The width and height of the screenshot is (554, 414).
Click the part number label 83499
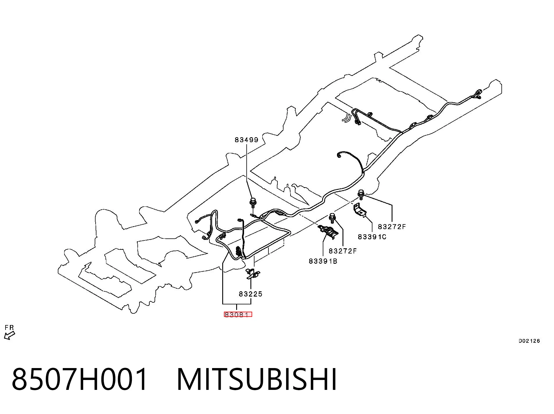click(x=246, y=140)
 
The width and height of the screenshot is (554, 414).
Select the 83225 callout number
click(x=250, y=294)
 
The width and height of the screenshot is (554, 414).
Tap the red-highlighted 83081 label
click(x=238, y=314)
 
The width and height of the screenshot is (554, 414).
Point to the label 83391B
click(x=323, y=261)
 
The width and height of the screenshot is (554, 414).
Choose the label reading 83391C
click(x=372, y=237)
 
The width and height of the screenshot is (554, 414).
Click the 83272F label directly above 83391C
click(x=392, y=226)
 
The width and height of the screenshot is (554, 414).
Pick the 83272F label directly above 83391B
click(x=343, y=251)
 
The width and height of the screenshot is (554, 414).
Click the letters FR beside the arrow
click(x=9, y=328)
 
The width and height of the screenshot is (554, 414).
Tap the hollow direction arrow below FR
click(x=9, y=336)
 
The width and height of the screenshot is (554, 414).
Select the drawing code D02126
click(x=529, y=341)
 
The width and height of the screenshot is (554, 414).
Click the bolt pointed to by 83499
click(x=252, y=202)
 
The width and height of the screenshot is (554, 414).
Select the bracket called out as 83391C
click(x=360, y=210)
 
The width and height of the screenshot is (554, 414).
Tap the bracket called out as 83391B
click(x=329, y=232)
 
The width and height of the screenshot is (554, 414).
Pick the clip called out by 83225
click(x=253, y=274)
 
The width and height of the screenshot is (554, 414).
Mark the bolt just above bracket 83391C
click(x=361, y=194)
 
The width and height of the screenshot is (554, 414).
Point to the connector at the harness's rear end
click(x=478, y=94)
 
